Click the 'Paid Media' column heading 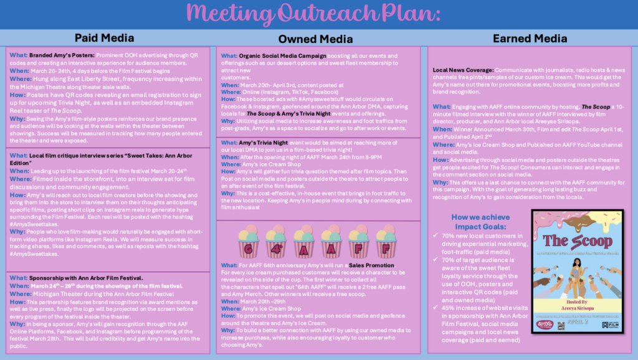[x=105, y=37]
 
